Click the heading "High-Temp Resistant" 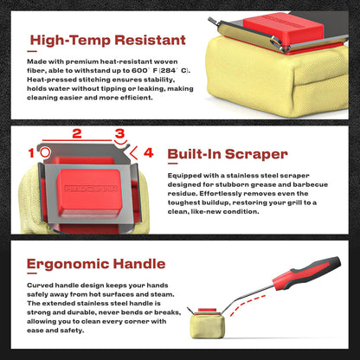pos(108,40)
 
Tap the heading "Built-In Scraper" pos(228,154)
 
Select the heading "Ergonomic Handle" pos(96,264)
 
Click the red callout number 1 pos(31,153)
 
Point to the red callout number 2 pos(77,133)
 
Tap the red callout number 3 pos(119,133)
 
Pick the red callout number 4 pos(148,152)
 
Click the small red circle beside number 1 pos(45,152)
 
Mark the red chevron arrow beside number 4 pos(133,153)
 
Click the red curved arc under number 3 pos(120,143)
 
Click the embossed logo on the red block pos(91,189)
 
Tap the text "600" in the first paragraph pos(139,71)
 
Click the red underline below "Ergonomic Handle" pos(32,273)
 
